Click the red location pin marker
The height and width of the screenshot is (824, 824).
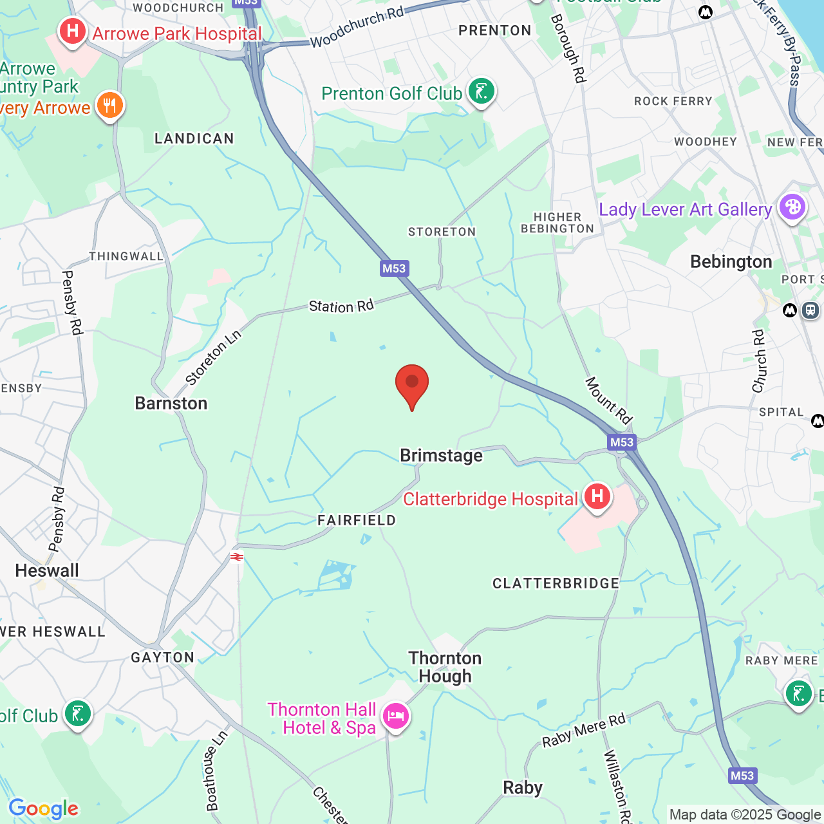(x=412, y=384)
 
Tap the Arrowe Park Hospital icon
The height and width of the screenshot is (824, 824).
(x=72, y=31)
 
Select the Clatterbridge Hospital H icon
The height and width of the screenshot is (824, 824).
(x=597, y=497)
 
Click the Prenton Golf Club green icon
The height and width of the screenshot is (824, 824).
(x=481, y=92)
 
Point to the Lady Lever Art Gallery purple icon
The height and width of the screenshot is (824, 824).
(x=792, y=207)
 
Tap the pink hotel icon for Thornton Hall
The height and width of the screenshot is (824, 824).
(x=395, y=716)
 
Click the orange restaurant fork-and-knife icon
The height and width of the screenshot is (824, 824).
(x=110, y=105)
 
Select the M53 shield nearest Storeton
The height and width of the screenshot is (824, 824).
(x=394, y=268)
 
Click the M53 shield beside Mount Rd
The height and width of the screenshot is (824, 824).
(x=621, y=442)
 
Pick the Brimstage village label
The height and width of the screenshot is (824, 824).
(x=441, y=456)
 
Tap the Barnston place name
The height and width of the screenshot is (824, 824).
(x=171, y=404)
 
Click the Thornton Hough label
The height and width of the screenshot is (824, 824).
(x=445, y=667)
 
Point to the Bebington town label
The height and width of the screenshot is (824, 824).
(x=731, y=262)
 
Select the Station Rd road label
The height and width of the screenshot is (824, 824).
(x=341, y=306)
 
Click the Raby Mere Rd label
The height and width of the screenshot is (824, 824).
(x=583, y=731)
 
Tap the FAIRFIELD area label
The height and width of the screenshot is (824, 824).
(x=357, y=520)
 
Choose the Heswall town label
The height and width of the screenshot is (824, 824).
(x=47, y=571)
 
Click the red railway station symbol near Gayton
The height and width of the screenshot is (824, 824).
(x=238, y=557)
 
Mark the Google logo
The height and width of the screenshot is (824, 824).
(x=43, y=809)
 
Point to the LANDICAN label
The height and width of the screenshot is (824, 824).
(x=194, y=138)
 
